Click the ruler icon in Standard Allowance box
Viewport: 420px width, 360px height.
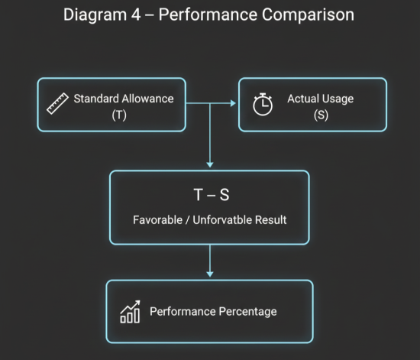point(58,103)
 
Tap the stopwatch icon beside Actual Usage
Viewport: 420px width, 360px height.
point(263,104)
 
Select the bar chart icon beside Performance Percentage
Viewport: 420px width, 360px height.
point(130,311)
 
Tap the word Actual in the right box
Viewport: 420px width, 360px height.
point(302,99)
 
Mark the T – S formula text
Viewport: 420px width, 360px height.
point(211,194)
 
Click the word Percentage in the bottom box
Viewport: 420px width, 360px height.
point(247,311)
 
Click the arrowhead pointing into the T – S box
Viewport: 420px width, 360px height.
point(209,164)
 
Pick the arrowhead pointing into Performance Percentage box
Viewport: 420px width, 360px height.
point(209,274)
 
